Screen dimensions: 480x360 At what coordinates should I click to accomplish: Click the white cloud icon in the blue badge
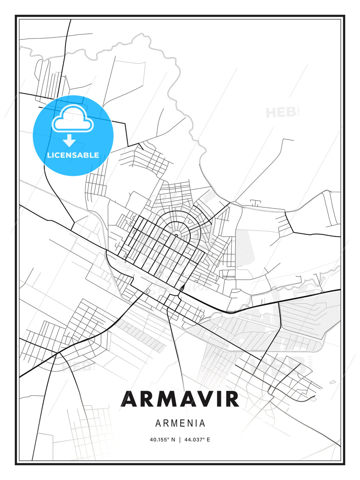click(x=73, y=119)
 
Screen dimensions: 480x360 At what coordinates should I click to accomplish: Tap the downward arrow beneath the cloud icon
click(x=69, y=140)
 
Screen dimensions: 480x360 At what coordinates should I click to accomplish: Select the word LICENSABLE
click(x=73, y=155)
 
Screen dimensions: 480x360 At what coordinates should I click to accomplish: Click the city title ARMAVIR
click(x=180, y=399)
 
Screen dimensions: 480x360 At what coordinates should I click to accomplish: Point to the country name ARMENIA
click(x=180, y=423)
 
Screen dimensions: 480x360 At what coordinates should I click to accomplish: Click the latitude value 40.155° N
click(x=162, y=440)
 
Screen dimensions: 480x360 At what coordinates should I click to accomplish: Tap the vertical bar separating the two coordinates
click(x=180, y=440)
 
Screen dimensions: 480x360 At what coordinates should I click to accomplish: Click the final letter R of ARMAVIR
click(x=232, y=399)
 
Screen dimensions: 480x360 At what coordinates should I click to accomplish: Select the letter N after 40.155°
click(x=173, y=440)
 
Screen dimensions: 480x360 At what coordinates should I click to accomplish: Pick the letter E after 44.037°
click(x=208, y=440)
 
